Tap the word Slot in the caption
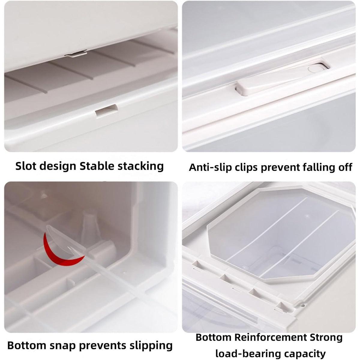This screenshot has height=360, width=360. pyautogui.click(x=26, y=166)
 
